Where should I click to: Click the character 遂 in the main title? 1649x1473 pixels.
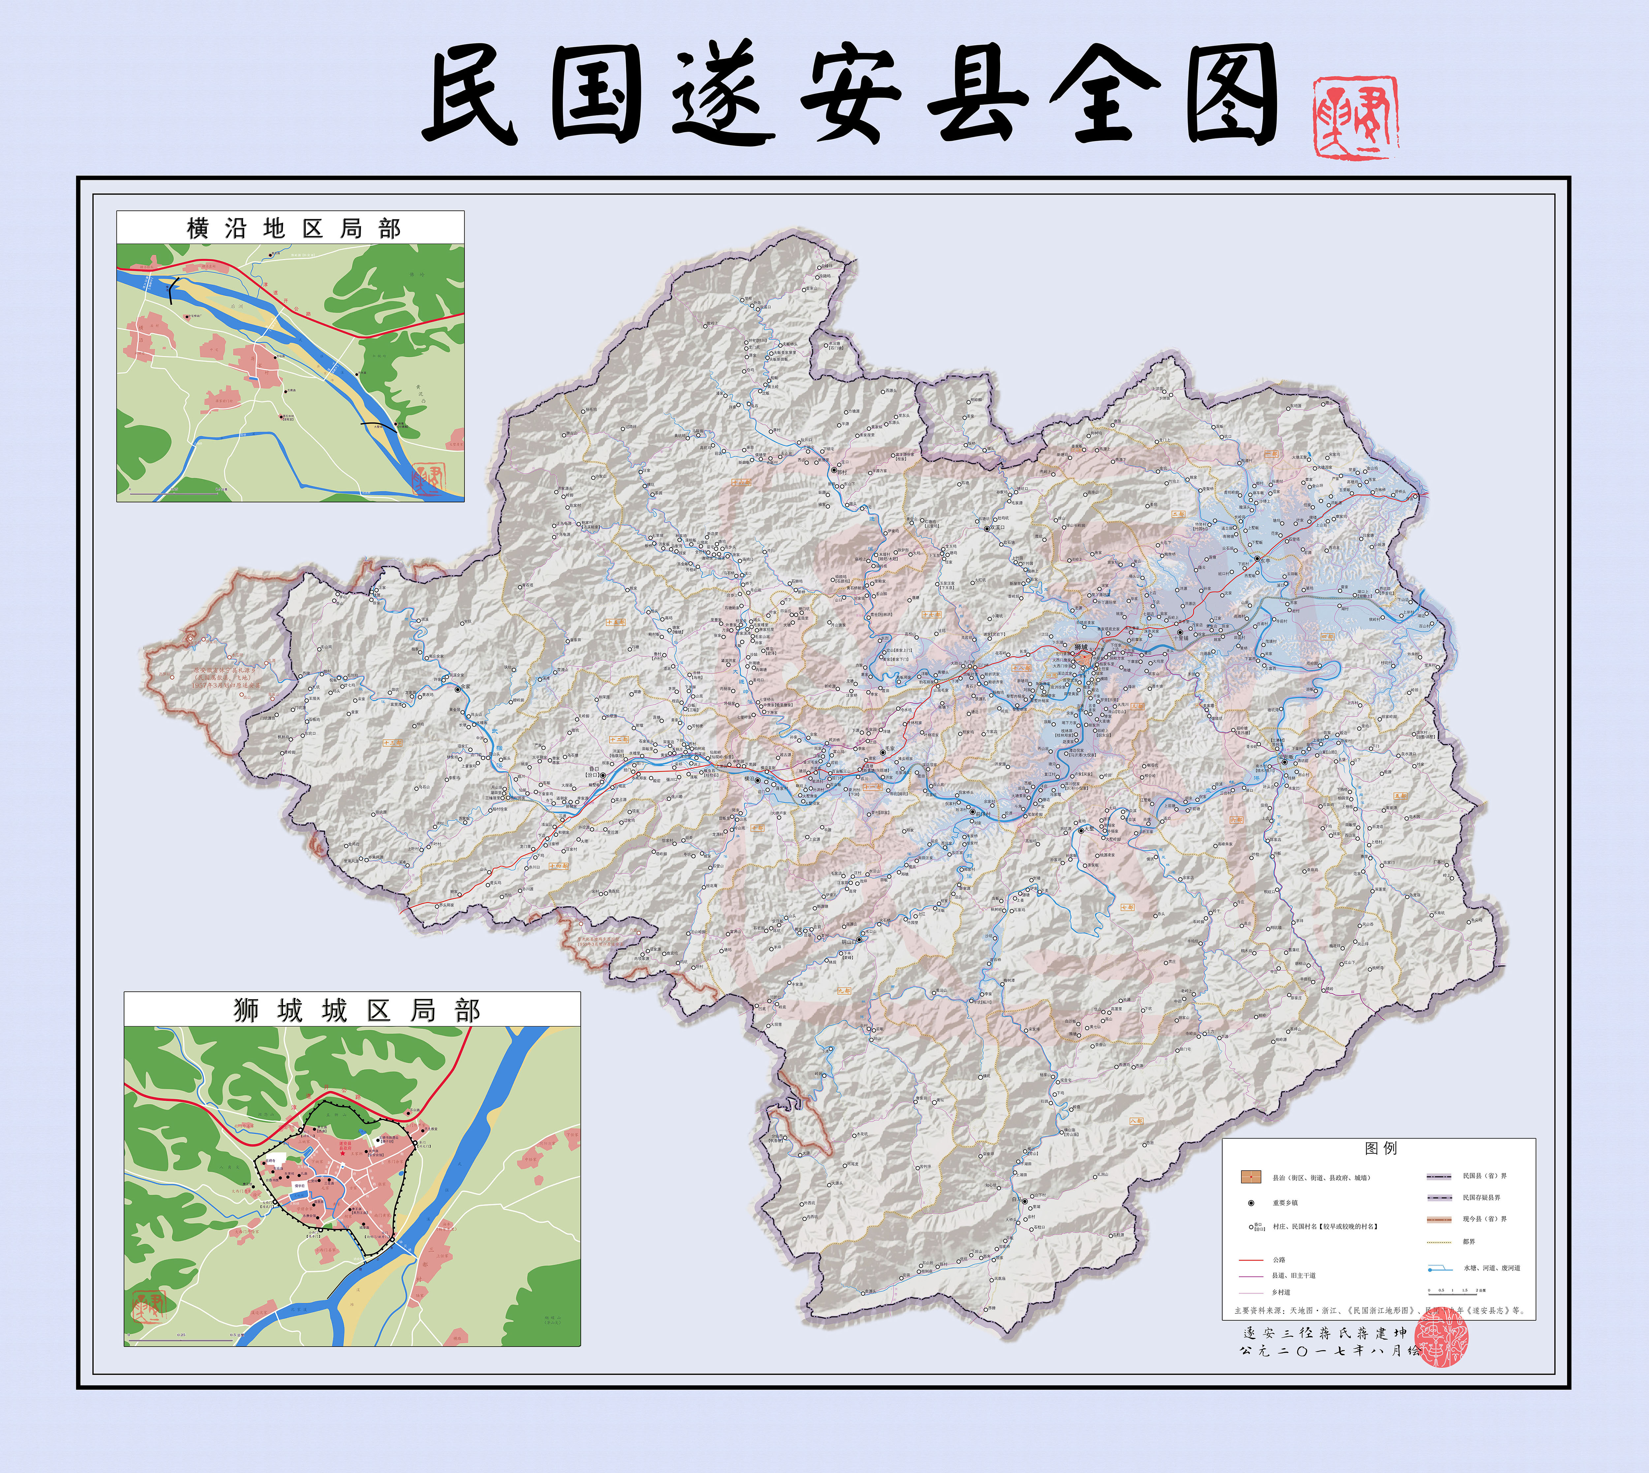click(x=723, y=95)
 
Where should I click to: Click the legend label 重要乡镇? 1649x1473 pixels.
click(x=1285, y=1203)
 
